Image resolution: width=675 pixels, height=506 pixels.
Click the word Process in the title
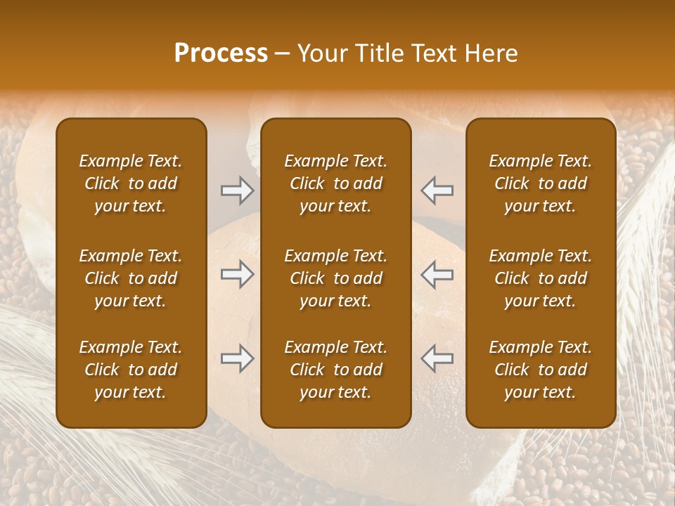click(x=221, y=53)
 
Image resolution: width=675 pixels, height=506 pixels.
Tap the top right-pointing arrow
click(x=237, y=190)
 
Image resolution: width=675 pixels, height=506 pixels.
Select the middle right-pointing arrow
click(x=237, y=274)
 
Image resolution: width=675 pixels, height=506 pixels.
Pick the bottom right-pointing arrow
click(x=237, y=359)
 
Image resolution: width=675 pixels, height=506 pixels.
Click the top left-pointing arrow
click(x=437, y=190)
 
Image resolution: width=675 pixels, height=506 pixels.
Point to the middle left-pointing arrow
click(x=437, y=274)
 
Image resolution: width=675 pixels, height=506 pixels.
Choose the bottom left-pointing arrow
click(x=437, y=359)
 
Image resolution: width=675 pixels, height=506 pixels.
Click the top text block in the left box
click(x=131, y=183)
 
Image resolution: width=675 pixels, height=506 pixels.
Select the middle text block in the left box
click(x=131, y=278)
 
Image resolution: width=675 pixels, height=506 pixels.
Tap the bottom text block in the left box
click(x=131, y=370)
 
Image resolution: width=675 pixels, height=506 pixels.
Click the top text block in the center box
click(x=336, y=183)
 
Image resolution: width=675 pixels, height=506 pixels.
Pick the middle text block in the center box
click(x=336, y=278)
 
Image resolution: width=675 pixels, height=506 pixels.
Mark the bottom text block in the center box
click(x=336, y=370)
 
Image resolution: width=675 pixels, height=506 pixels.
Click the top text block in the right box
click(x=541, y=183)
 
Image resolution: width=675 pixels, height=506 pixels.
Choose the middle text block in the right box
click(x=541, y=278)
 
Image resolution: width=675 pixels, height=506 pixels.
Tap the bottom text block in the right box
click(x=541, y=370)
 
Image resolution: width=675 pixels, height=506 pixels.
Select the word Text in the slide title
click(x=433, y=53)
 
